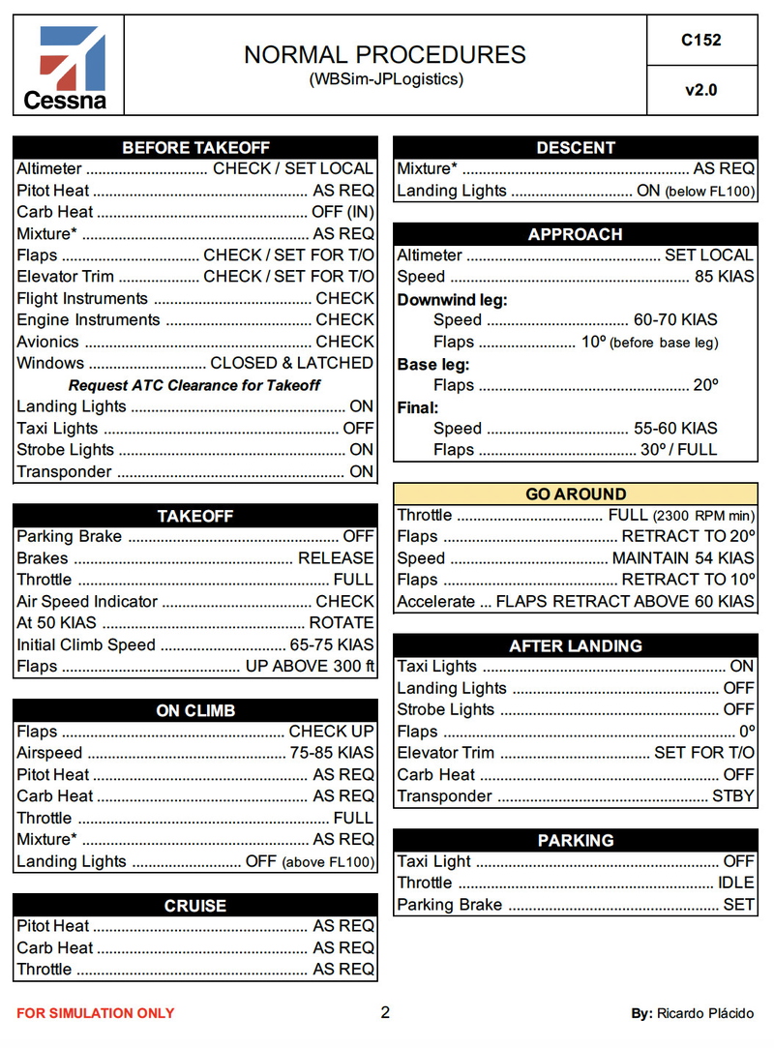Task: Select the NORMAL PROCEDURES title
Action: pos(385,54)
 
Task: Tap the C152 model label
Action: pos(701,41)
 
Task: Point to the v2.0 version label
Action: pos(701,91)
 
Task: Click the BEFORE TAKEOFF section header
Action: pos(195,148)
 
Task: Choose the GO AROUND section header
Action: pos(576,494)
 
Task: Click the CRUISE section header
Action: pos(195,906)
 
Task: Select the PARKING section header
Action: pos(576,840)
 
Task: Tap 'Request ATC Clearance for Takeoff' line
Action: pos(194,385)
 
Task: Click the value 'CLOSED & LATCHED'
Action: pos(291,363)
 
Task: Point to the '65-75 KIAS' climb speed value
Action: pos(332,644)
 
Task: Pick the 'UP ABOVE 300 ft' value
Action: pos(310,666)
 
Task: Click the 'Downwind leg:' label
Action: pos(452,300)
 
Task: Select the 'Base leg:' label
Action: pos(433,365)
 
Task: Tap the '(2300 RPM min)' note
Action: pos(703,516)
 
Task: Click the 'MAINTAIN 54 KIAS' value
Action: pos(683,558)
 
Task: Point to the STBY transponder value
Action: pos(732,796)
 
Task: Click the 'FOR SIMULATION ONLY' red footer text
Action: pos(96,1013)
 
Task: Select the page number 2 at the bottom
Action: pos(385,1012)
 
